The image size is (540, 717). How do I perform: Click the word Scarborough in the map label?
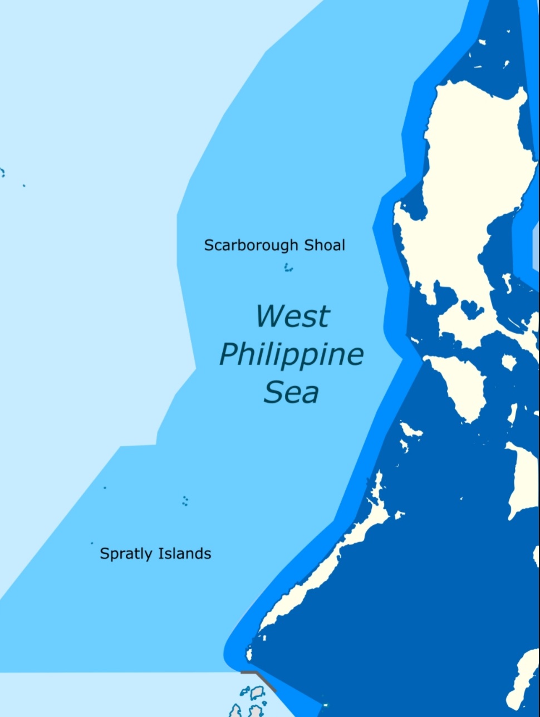251,245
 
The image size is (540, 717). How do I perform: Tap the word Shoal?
325,245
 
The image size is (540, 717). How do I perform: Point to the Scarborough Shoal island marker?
288,269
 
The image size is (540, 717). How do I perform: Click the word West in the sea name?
293,316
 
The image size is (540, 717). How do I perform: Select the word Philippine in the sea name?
291,354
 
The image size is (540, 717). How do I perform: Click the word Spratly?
126,554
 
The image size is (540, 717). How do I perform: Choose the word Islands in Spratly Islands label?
185,554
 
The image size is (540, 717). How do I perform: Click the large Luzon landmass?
473,167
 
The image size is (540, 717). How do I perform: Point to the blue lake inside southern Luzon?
472,308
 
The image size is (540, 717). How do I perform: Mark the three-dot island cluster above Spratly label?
185,501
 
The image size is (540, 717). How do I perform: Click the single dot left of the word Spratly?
92,543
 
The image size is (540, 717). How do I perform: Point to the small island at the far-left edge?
2,173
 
